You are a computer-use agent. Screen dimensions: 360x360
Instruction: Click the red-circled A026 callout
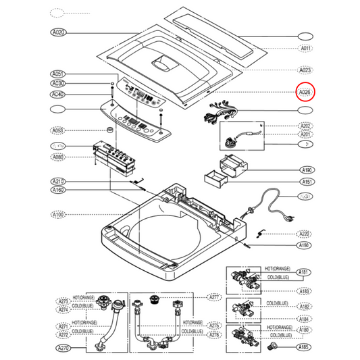coord(305,93)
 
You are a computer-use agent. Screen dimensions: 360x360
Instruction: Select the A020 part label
coord(58,32)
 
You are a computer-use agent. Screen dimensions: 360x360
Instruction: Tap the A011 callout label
coord(305,49)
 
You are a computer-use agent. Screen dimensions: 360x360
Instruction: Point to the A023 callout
coord(305,70)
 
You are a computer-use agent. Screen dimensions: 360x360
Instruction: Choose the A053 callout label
coord(58,130)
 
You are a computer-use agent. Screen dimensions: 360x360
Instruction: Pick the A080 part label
coord(58,158)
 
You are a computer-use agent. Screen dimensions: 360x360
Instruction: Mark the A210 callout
coord(58,182)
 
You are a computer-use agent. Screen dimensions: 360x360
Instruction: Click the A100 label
coord(58,215)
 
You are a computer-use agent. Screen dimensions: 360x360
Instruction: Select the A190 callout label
coord(305,171)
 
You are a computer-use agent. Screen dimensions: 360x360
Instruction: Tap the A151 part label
coord(305,182)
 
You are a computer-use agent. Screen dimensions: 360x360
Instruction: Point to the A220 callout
coord(305,233)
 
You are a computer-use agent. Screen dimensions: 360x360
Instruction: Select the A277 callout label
coord(215,297)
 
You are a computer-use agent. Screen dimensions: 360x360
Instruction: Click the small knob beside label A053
coord(109,129)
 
